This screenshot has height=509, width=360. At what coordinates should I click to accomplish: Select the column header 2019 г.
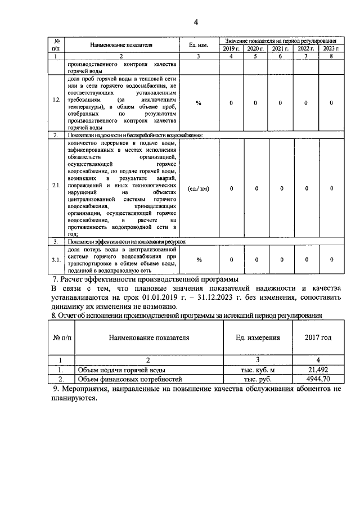pyautogui.click(x=231, y=49)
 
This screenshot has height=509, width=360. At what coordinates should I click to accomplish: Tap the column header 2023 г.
pyautogui.click(x=331, y=49)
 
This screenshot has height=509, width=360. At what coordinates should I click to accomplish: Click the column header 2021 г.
pyautogui.click(x=280, y=49)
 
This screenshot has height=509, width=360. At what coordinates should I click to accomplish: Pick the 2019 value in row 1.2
pyautogui.click(x=231, y=103)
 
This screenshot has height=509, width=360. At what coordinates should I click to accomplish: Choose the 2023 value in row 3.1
pyautogui.click(x=331, y=259)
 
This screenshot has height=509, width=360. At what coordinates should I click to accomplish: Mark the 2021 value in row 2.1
pyautogui.click(x=280, y=188)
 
